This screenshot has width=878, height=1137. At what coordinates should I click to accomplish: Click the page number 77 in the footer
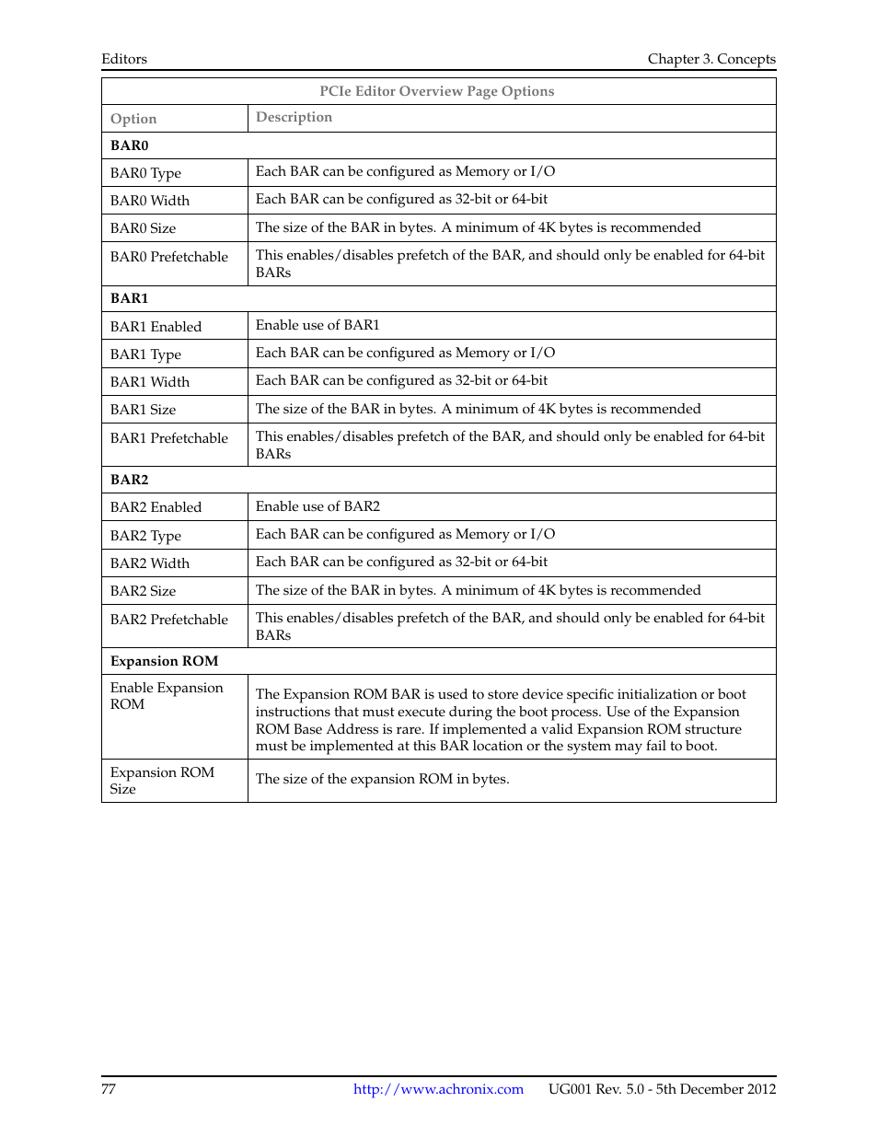109,1089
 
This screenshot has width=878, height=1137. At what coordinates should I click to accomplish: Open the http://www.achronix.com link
438,1089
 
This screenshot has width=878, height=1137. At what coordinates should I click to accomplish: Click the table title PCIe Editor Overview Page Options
437,91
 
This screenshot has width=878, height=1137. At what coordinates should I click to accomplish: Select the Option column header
133,119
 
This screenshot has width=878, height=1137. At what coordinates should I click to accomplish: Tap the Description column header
294,117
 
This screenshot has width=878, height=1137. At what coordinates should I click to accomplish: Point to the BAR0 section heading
130,145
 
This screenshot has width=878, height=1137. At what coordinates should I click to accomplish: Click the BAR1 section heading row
130,298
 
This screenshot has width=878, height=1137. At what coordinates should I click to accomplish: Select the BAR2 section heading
130,480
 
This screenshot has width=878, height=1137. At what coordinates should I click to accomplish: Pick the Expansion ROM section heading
165,661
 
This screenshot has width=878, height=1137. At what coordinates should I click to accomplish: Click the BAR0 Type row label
145,173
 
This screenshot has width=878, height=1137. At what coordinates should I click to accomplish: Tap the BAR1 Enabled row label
156,327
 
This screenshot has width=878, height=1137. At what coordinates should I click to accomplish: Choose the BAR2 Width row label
150,563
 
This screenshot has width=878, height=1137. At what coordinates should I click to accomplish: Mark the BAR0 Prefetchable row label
169,257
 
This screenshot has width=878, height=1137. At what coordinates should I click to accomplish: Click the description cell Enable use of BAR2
318,506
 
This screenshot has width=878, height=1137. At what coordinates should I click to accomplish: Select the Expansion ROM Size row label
162,781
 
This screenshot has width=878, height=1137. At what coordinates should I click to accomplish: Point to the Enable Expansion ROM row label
167,696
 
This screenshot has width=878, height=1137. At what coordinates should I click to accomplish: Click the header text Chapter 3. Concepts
711,59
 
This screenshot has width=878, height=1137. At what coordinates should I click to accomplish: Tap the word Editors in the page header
124,59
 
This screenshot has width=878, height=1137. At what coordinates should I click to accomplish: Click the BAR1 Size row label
143,410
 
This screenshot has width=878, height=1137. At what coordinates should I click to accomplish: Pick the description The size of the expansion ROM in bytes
382,779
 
